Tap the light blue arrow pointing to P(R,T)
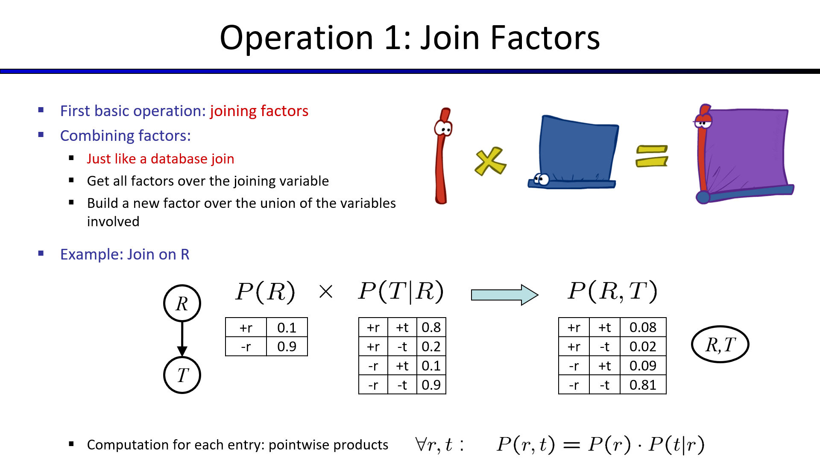pyautogui.click(x=504, y=295)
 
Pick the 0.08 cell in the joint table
pyautogui.click(x=643, y=327)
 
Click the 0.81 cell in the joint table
pyautogui.click(x=643, y=385)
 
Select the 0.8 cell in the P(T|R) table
pyautogui.click(x=431, y=327)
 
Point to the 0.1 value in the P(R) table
pyautogui.click(x=287, y=328)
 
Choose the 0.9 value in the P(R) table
pyautogui.click(x=287, y=347)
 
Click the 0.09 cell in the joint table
pyautogui.click(x=643, y=366)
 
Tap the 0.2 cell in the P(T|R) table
pyautogui.click(x=431, y=347)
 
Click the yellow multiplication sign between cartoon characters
pyautogui.click(x=490, y=161)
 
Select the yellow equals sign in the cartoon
pyautogui.click(x=652, y=156)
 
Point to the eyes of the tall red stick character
pyautogui.click(x=444, y=128)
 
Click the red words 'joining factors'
pyautogui.click(x=259, y=111)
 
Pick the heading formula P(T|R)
pyautogui.click(x=401, y=292)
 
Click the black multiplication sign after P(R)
pyautogui.click(x=326, y=292)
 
